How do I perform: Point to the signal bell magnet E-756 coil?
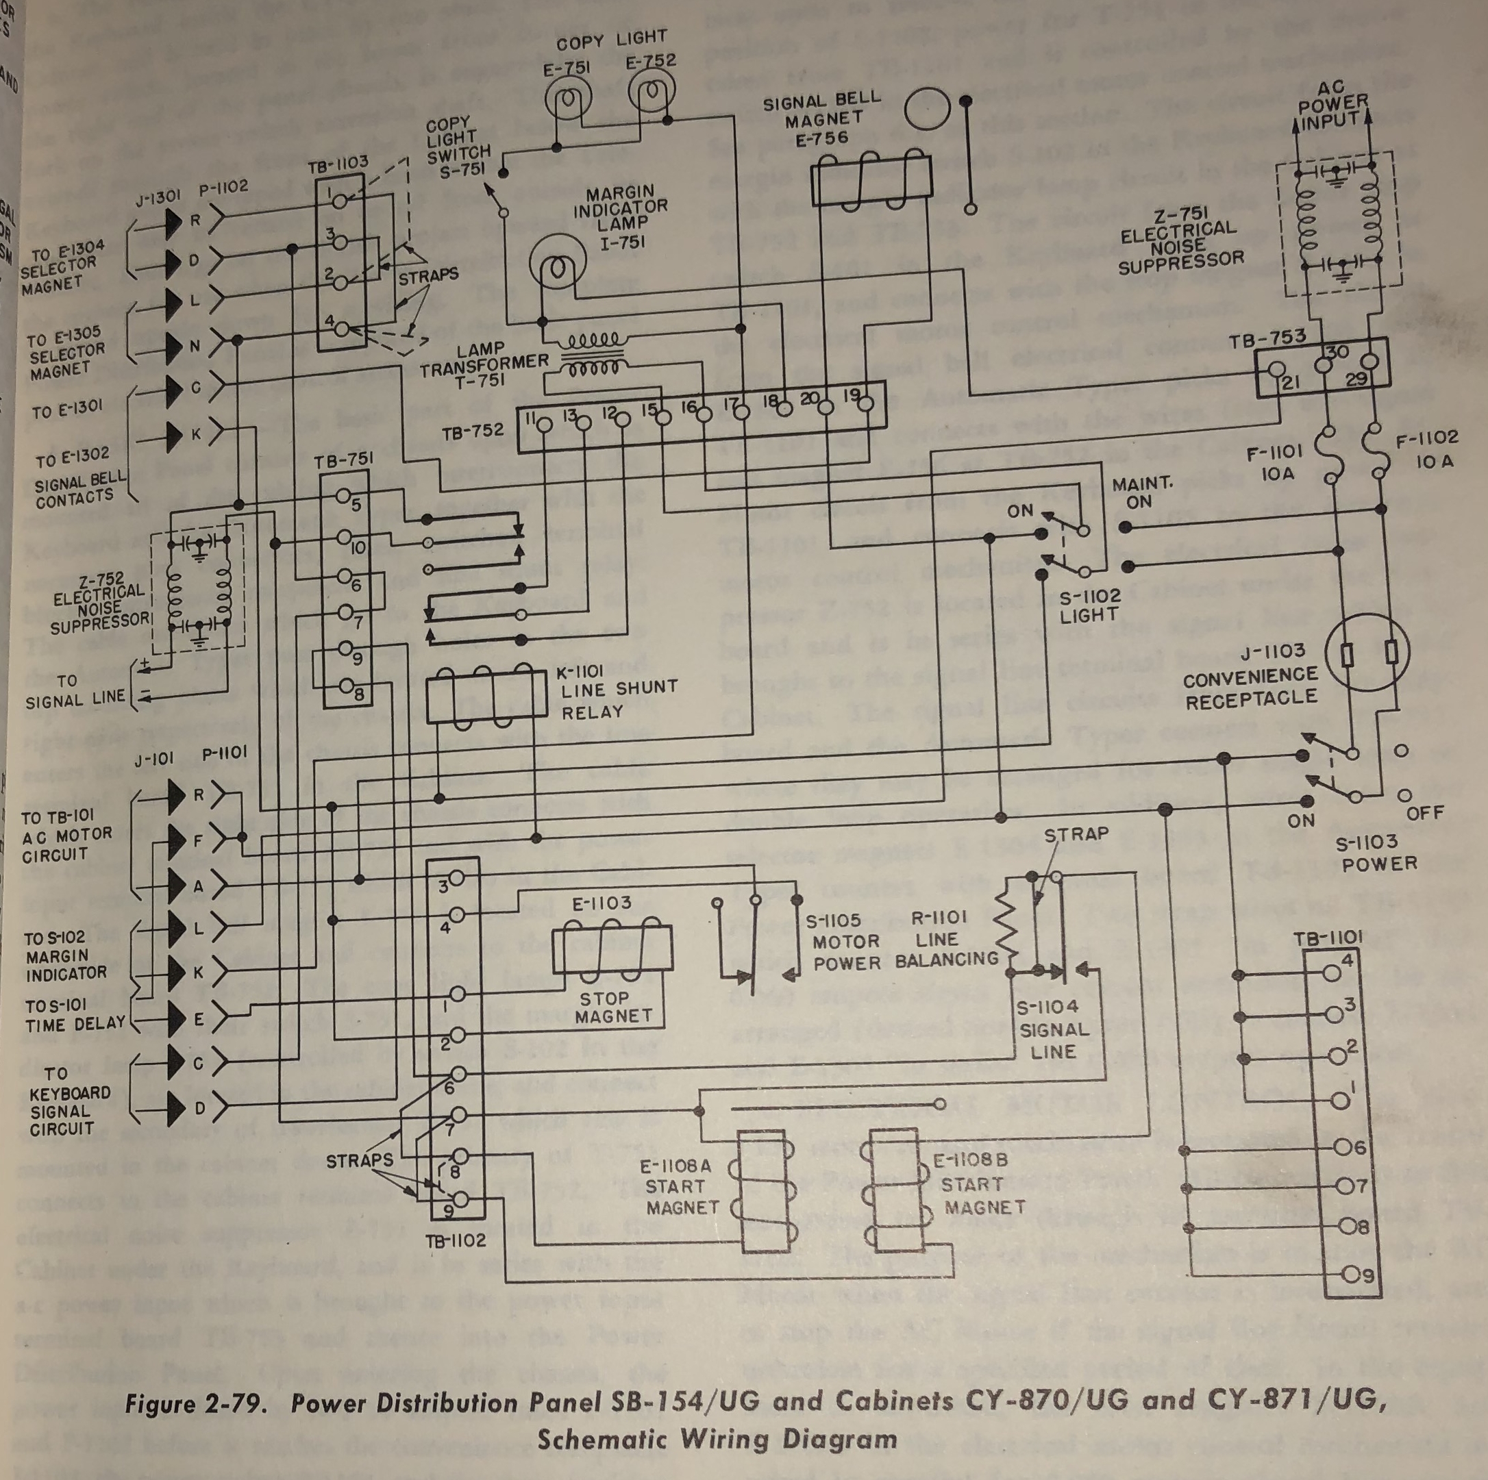[871, 179]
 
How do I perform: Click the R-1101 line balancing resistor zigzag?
[1006, 927]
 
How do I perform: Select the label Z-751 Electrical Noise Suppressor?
[1180, 241]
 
